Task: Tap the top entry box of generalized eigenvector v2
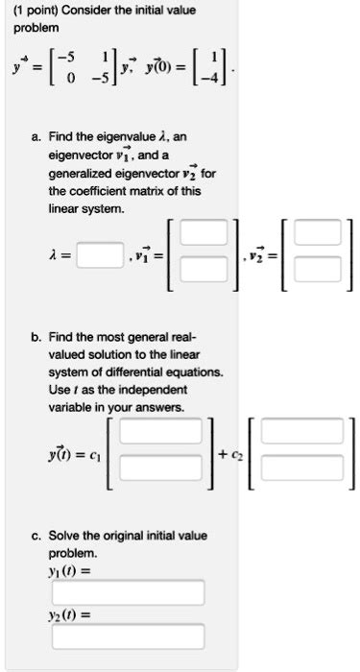click(317, 233)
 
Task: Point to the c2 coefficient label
click(228, 452)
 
